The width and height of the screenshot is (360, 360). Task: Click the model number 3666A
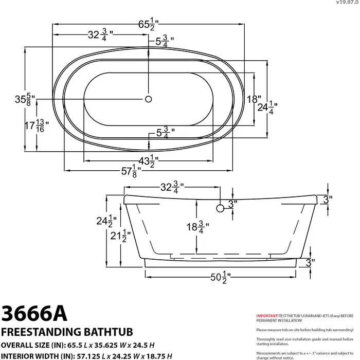tap(34, 312)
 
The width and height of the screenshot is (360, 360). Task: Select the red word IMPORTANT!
tap(267, 315)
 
